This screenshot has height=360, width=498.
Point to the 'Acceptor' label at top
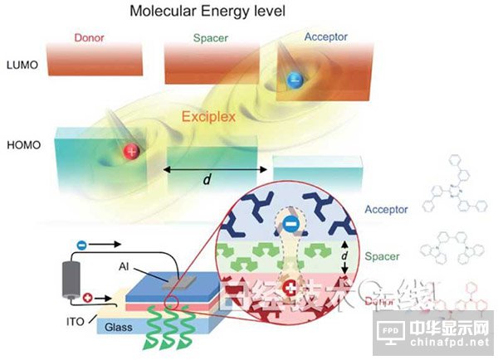point(326,37)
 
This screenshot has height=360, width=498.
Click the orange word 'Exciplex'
point(208,117)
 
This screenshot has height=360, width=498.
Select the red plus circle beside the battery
point(89,295)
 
